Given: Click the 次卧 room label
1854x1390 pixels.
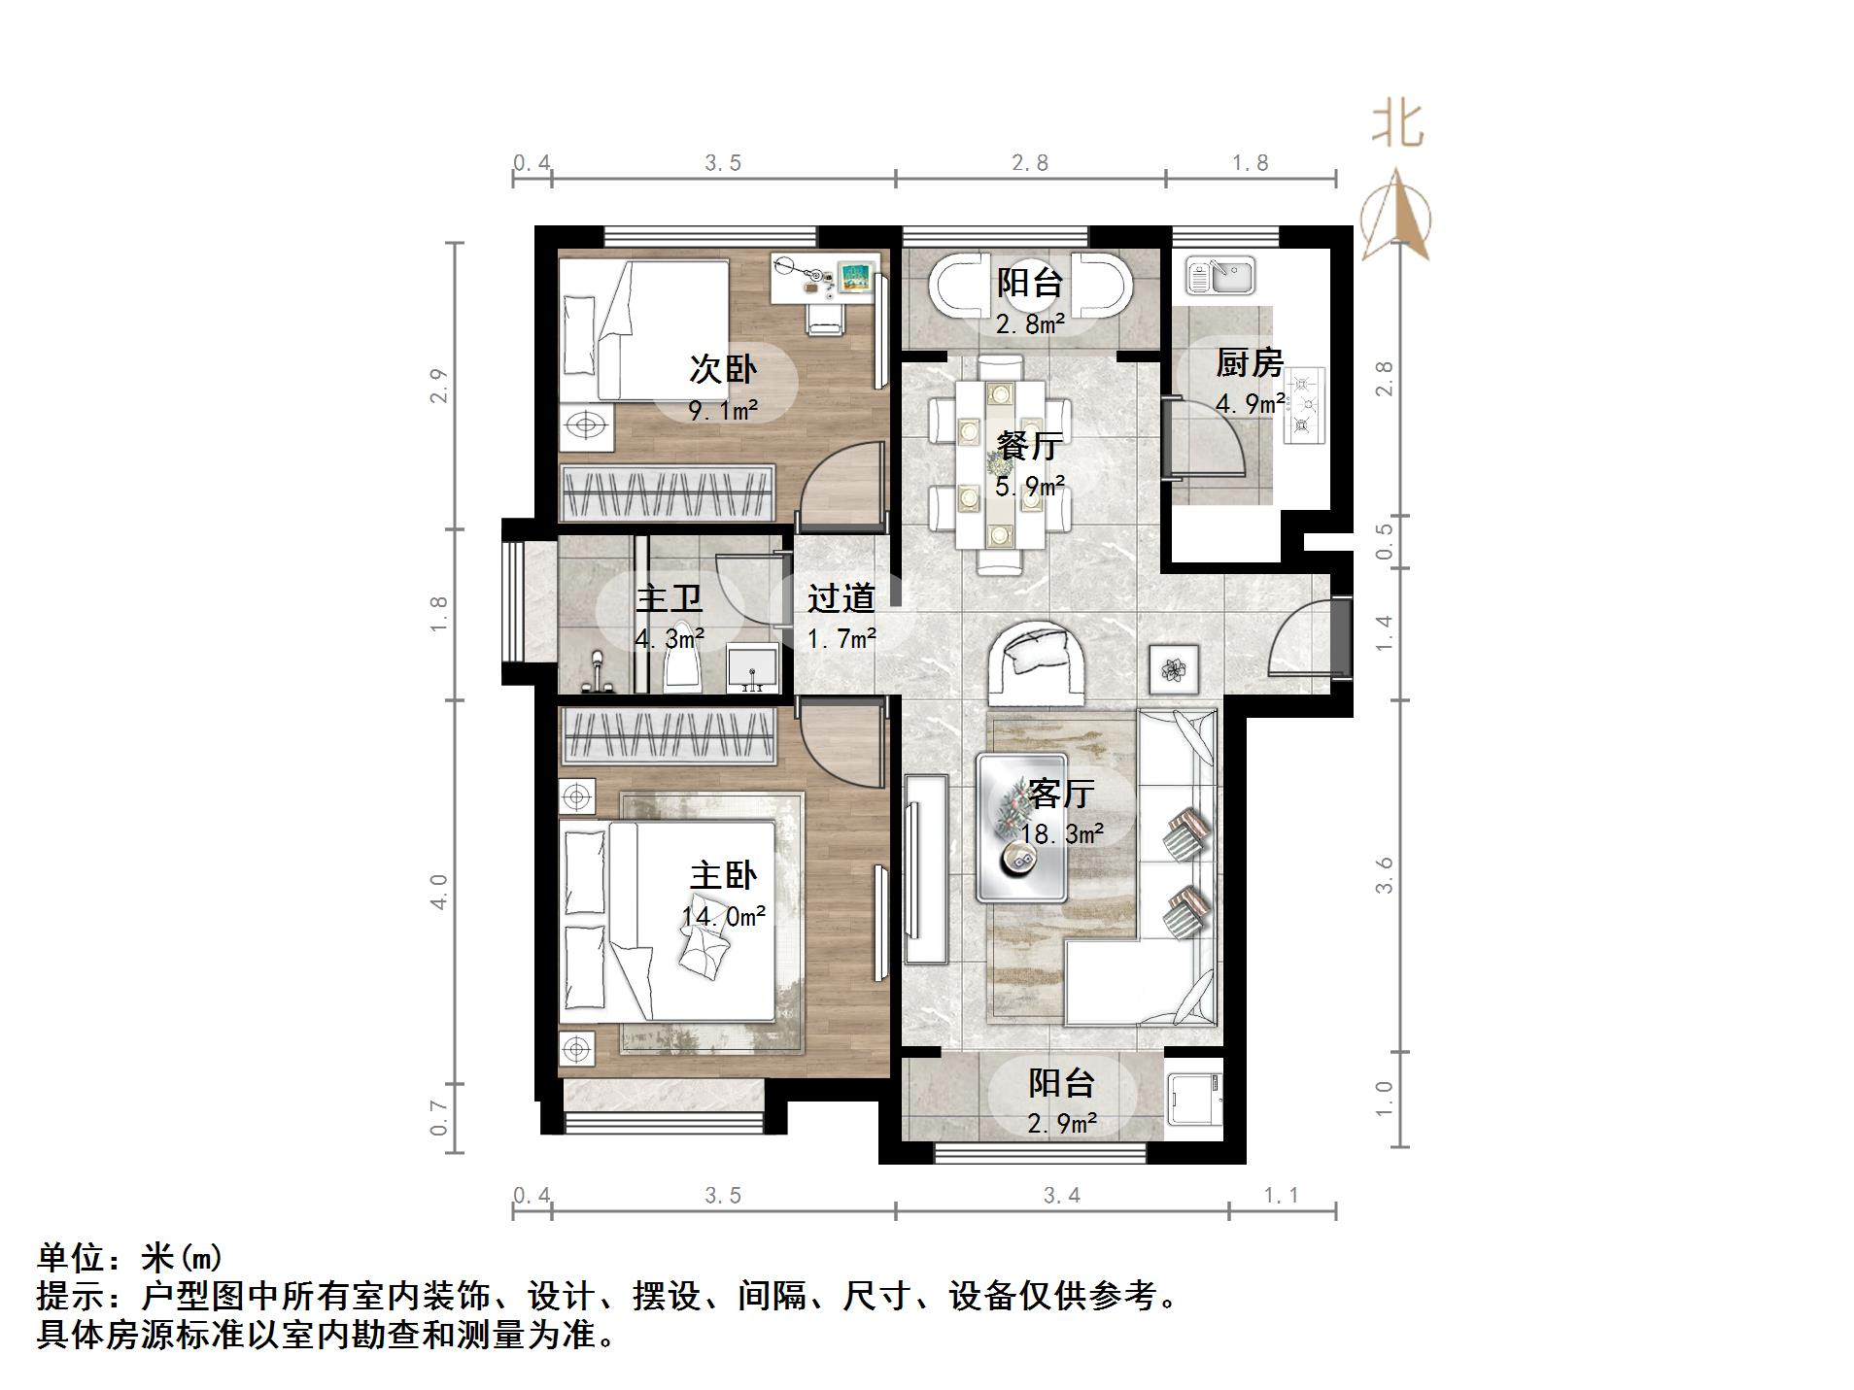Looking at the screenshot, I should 723,369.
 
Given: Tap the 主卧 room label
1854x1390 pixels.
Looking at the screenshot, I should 723,875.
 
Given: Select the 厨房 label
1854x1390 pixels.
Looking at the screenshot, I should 1250,363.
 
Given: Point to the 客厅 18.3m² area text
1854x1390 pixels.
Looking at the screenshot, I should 1061,833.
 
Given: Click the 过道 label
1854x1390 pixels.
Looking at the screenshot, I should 841,598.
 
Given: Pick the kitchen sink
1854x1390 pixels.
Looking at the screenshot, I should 1220,275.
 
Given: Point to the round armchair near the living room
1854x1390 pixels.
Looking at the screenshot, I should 1037,662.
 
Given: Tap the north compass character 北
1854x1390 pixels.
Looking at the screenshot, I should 1397,126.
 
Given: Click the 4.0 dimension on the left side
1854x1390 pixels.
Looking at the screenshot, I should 439,891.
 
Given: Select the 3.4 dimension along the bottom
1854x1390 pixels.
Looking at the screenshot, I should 1061,1195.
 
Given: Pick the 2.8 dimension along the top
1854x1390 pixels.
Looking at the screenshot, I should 1030,163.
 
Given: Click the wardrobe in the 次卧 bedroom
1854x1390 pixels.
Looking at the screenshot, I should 668,493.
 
